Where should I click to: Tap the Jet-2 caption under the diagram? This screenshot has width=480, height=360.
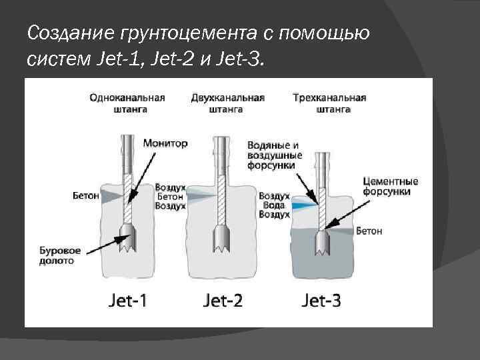223,300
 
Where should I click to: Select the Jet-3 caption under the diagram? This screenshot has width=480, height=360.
321,300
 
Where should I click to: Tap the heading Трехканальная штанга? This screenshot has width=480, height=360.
329,103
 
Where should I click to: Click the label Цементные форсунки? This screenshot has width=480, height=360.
391,186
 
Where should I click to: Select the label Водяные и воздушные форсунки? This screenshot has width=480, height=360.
274,155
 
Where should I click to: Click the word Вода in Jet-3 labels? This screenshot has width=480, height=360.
273,206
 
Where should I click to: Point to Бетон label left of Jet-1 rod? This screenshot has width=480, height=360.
85,196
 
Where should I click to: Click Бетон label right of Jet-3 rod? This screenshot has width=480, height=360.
369,231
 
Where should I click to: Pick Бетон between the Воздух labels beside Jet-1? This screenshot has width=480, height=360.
169,197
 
